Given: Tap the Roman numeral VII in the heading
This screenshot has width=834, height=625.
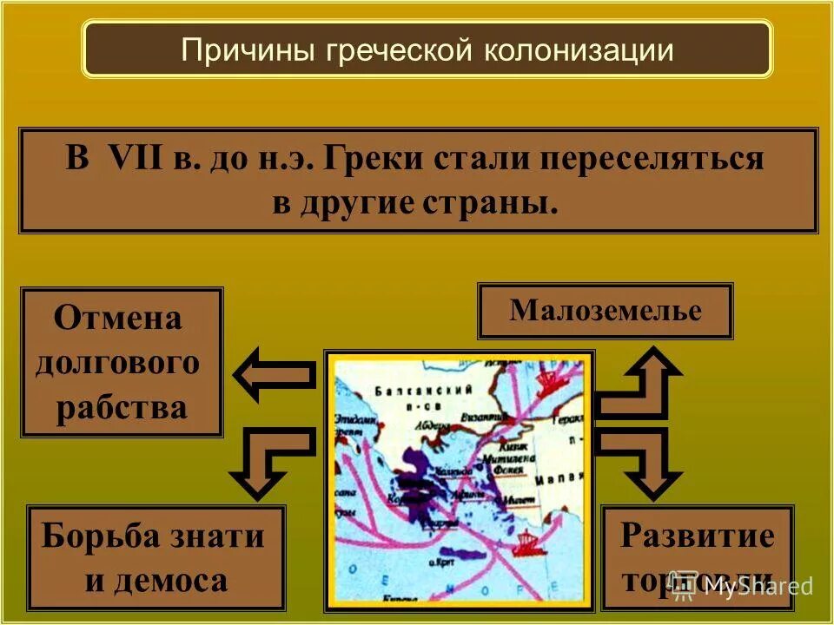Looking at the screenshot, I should [x=130, y=161].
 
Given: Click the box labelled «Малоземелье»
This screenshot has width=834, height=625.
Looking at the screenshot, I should [x=605, y=311].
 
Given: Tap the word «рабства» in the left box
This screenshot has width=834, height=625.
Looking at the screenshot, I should [x=122, y=407].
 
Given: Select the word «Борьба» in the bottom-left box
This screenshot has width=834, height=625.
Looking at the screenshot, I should [x=90, y=536].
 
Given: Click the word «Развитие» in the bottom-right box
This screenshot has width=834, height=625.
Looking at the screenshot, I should [x=697, y=536].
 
